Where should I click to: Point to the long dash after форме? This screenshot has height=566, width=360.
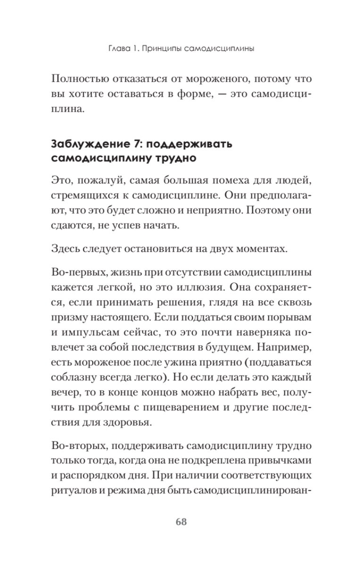213,94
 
